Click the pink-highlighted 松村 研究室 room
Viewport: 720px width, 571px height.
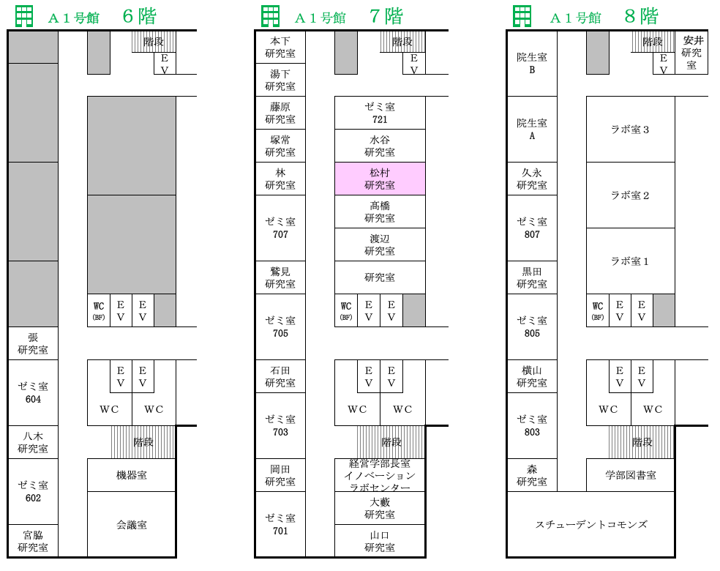click(x=380, y=179)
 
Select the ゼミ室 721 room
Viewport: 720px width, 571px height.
click(x=380, y=113)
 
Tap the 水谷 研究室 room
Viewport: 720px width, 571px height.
click(x=380, y=146)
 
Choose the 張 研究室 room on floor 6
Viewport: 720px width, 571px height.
click(x=33, y=343)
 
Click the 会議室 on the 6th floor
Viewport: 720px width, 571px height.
click(x=132, y=525)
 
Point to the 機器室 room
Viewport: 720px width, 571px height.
click(x=132, y=475)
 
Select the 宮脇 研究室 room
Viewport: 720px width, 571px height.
click(x=33, y=541)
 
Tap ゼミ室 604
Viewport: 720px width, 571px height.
click(x=33, y=393)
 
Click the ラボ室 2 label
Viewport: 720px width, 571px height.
click(x=630, y=195)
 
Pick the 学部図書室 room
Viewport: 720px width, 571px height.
click(x=631, y=475)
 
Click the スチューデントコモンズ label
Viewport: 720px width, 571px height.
click(x=591, y=525)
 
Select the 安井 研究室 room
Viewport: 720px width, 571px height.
click(x=691, y=53)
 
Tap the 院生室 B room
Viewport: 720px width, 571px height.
click(x=532, y=64)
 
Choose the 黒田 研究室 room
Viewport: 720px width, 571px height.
click(x=532, y=277)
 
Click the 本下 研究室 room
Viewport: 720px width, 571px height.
click(x=280, y=48)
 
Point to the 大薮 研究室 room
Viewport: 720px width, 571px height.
click(x=380, y=508)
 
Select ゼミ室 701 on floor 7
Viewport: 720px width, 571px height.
click(x=280, y=525)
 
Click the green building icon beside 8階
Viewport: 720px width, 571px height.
click(x=522, y=17)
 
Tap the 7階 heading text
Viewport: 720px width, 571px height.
click(x=386, y=17)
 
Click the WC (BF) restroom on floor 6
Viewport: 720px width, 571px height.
click(x=99, y=310)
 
